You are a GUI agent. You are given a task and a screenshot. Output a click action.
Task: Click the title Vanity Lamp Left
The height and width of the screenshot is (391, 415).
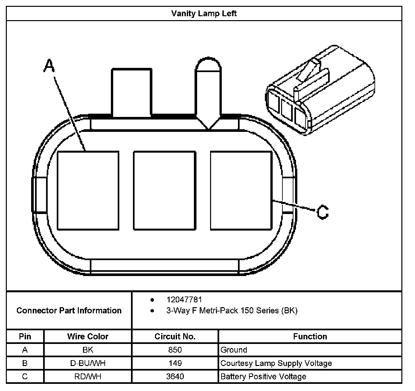[204, 14]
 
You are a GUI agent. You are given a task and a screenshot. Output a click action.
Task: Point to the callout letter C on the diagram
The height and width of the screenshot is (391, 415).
[322, 212]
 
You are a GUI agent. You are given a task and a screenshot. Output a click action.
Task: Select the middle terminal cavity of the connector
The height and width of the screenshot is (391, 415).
[165, 191]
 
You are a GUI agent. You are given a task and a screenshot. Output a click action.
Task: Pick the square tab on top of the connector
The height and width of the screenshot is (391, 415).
[132, 92]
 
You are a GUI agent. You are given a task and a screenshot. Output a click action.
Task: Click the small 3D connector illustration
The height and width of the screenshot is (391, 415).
[319, 91]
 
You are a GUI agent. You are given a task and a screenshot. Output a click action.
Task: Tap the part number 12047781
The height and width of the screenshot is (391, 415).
[184, 299]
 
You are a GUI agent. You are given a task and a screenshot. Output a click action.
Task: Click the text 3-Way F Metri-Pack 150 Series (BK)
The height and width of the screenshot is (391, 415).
[232, 310]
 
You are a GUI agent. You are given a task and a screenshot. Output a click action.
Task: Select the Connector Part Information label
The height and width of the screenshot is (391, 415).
[69, 310]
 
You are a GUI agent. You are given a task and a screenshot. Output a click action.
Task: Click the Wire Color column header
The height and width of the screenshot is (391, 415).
[88, 336]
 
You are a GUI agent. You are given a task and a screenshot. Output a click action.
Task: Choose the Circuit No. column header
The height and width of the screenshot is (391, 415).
[175, 336]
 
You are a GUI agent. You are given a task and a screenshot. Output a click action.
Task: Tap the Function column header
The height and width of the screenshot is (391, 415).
[310, 336]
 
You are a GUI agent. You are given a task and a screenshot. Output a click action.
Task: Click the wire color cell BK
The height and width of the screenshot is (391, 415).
[88, 350]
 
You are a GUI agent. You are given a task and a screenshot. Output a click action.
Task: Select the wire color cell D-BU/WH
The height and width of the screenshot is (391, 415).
[88, 363]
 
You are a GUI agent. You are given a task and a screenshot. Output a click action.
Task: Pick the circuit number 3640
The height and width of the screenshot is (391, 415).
[175, 376]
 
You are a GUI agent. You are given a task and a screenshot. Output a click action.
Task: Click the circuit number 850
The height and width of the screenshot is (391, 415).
[175, 350]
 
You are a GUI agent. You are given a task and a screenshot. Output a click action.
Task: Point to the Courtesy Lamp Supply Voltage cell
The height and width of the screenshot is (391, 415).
[276, 363]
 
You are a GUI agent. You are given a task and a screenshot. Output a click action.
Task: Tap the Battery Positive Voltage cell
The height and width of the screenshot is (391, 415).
[263, 376]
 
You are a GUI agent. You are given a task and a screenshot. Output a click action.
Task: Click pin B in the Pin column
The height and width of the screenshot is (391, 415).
[25, 363]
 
